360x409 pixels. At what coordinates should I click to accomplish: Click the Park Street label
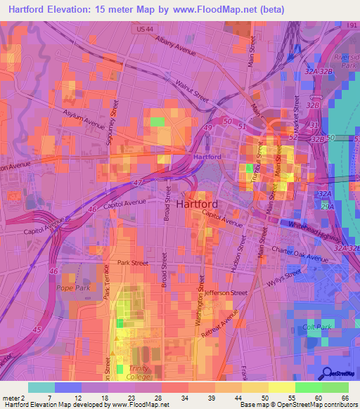pyautogui.click(x=133, y=263)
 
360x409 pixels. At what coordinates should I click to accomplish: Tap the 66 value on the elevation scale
pyautogui.click(x=345, y=398)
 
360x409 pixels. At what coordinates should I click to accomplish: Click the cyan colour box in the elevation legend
pyautogui.click(x=41, y=387)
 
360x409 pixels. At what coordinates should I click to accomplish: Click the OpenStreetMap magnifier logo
pyautogui.click(x=328, y=374)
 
